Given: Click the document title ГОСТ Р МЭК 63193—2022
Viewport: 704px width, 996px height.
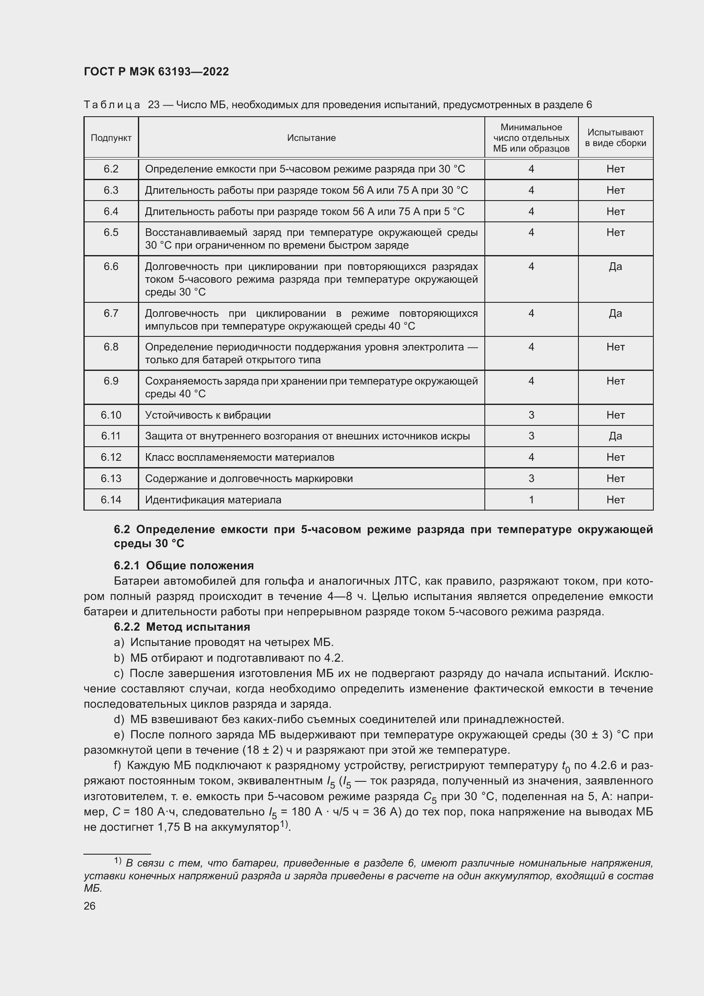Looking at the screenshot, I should pyautogui.click(x=156, y=72).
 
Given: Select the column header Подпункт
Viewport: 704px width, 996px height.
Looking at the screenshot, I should pyautogui.click(x=111, y=138).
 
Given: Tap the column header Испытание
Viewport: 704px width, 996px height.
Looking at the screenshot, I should pyautogui.click(x=311, y=138).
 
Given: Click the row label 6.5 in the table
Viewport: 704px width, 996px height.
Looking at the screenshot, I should pyautogui.click(x=111, y=232).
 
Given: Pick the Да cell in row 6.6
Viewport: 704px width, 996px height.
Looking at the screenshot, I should pyautogui.click(x=615, y=266).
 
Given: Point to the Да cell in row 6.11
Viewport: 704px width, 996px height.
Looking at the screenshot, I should pyautogui.click(x=615, y=436).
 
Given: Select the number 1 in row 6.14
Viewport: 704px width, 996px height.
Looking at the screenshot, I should pyautogui.click(x=531, y=500).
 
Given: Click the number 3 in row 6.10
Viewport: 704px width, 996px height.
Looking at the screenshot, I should pyautogui.click(x=531, y=415).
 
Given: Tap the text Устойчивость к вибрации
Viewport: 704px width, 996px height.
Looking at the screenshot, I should pyautogui.click(x=208, y=415).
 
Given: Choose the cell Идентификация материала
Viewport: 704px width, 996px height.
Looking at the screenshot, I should pyautogui.click(x=213, y=500).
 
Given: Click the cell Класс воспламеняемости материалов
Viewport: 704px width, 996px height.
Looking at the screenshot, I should pyautogui.click(x=239, y=457).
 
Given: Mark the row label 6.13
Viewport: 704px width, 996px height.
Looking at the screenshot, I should pyautogui.click(x=111, y=479).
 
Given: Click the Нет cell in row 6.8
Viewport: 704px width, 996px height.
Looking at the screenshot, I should pyautogui.click(x=615, y=347).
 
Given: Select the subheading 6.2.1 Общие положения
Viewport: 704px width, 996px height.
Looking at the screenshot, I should pyautogui.click(x=184, y=565).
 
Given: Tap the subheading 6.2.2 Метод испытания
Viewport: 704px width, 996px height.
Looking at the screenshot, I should pyautogui.click(x=182, y=627).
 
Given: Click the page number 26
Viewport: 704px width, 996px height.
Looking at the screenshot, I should pyautogui.click(x=90, y=906).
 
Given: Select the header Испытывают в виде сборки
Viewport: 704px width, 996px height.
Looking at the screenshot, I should pyautogui.click(x=615, y=138).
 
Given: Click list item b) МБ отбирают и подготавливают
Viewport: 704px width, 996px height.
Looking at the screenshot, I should pyautogui.click(x=229, y=658).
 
